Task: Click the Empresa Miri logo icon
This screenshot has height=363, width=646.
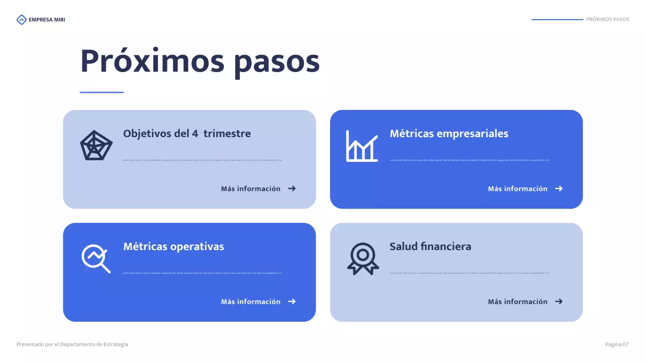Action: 21,20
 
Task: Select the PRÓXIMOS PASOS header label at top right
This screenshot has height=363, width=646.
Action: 608,20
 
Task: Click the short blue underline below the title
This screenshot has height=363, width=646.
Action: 101,92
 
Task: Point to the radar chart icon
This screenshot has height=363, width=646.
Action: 96,146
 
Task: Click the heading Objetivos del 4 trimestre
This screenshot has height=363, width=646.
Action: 187,134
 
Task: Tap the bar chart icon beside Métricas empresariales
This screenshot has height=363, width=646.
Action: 362,146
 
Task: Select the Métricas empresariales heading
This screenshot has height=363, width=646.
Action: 449,134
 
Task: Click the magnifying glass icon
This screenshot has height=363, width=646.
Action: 96,258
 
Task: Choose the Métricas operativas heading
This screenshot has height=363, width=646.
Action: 174,247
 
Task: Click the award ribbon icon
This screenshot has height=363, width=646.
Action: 362,259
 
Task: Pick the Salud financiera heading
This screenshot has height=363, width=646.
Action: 430,247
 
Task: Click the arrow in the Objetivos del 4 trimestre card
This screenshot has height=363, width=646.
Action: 292,189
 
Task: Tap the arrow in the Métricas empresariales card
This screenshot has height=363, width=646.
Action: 559,189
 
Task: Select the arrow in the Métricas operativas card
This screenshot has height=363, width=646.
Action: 292,301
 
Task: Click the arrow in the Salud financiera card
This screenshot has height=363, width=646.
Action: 559,301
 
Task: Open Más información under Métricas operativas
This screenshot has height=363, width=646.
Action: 251,301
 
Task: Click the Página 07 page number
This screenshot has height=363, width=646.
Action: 617,344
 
